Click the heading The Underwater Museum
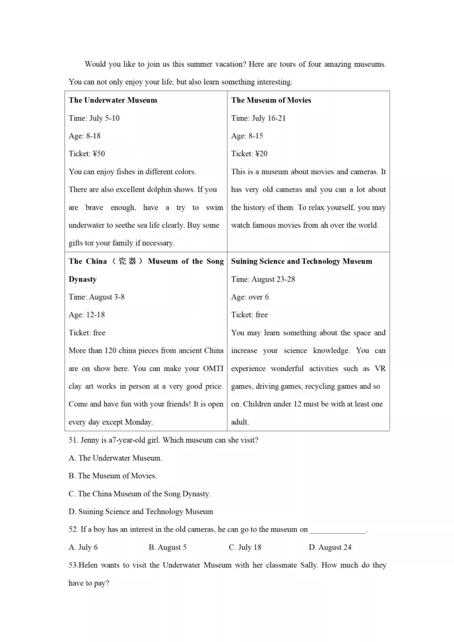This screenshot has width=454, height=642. (113, 100)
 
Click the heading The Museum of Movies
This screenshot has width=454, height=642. (271, 100)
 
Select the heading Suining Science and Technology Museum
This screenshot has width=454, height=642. (301, 261)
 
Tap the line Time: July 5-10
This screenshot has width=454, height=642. (94, 118)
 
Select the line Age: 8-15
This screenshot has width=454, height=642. (247, 136)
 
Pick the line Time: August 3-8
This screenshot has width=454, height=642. (97, 297)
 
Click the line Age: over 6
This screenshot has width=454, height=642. (250, 297)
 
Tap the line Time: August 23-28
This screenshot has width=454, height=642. (263, 279)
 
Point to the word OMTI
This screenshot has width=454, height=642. (213, 368)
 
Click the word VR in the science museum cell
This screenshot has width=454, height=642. (380, 368)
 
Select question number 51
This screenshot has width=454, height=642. (74, 440)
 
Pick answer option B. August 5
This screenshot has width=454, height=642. (167, 547)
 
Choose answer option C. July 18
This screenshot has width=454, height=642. (245, 547)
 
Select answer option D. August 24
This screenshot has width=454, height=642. (330, 547)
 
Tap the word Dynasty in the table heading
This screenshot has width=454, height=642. (82, 279)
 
